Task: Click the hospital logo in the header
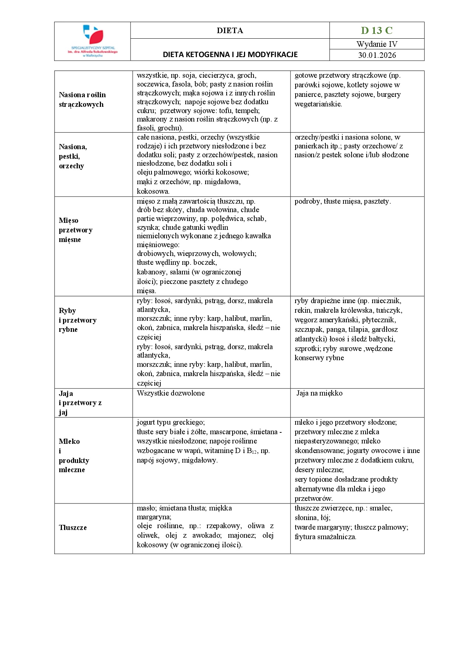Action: click(x=93, y=41)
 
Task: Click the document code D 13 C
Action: click(x=377, y=30)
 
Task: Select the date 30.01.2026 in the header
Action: click(x=377, y=55)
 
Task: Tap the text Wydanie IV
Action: click(x=377, y=44)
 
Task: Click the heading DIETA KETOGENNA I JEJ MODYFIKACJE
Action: click(x=230, y=55)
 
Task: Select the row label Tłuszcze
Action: click(x=73, y=527)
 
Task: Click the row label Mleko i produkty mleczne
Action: click(x=74, y=455)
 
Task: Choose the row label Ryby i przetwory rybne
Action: click(x=77, y=320)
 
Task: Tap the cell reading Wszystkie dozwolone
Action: click(x=171, y=393)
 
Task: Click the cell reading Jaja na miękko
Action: click(x=320, y=393)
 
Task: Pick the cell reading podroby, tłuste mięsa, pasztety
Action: click(x=342, y=201)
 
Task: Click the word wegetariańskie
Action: click(x=318, y=104)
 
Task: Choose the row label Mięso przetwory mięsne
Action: click(x=76, y=230)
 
